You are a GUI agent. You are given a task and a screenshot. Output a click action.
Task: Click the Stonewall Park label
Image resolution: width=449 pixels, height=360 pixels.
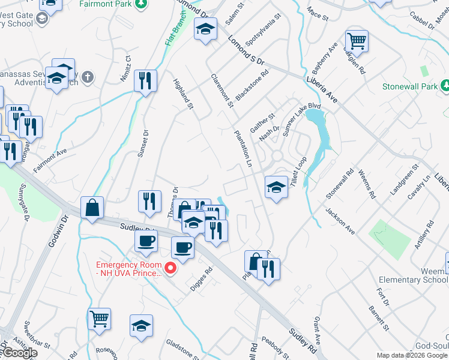(410, 86)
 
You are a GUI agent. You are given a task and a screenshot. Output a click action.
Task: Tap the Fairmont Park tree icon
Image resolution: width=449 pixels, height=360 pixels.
(140, 5)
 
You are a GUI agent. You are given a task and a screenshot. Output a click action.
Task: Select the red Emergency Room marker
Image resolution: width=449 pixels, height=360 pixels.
(170, 268)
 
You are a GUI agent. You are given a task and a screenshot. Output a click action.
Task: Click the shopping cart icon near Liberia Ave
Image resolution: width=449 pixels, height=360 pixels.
(357, 41)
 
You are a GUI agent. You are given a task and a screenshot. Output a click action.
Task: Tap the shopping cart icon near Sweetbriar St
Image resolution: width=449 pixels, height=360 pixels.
(99, 318)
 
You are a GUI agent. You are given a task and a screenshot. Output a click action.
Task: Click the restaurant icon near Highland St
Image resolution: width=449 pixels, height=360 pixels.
(145, 80)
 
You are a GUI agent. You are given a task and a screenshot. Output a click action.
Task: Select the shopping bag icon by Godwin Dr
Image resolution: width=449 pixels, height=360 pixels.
(92, 208)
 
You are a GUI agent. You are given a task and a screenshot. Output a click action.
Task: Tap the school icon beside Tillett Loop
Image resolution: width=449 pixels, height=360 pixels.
(276, 188)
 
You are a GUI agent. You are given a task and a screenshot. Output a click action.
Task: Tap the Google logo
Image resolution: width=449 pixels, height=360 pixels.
(19, 353)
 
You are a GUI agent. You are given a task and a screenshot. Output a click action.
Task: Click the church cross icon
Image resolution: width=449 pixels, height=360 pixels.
(88, 77)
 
